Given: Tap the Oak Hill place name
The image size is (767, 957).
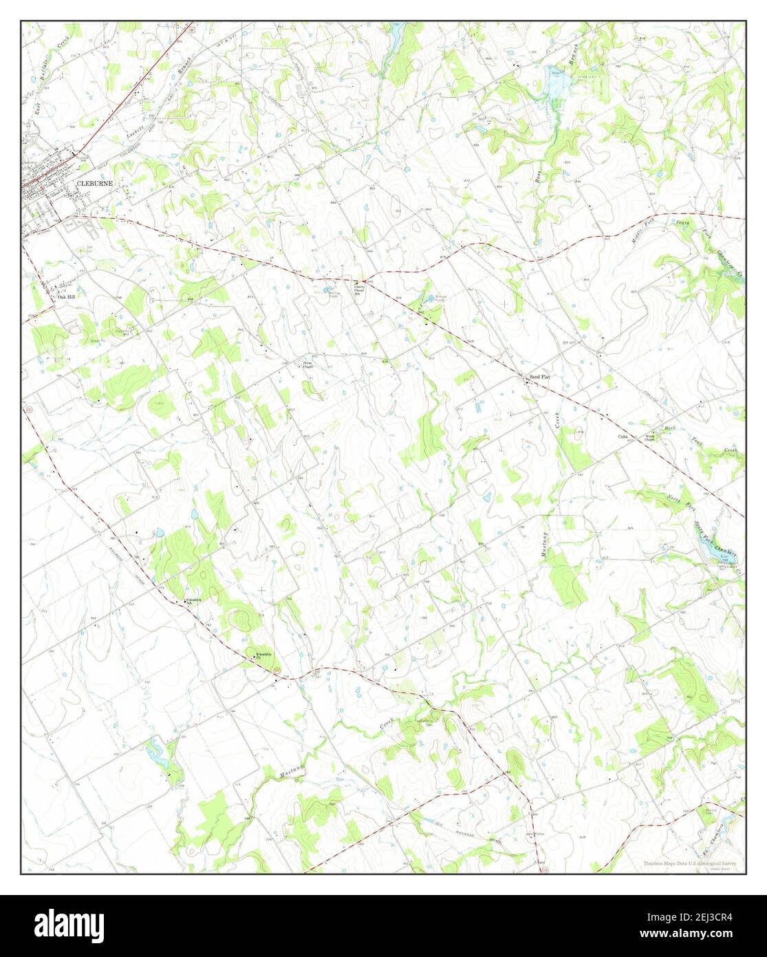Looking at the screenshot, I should click(67, 297).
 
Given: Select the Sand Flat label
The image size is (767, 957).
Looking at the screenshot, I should click(540, 377).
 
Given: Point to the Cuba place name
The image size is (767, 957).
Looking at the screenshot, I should click(624, 437).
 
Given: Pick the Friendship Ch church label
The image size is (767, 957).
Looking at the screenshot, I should click(264, 653).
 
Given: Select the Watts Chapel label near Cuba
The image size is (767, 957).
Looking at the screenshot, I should click(650, 438).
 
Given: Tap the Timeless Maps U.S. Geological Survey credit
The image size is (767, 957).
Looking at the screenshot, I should click(691, 863).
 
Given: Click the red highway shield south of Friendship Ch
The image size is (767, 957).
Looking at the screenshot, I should click(277, 669).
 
